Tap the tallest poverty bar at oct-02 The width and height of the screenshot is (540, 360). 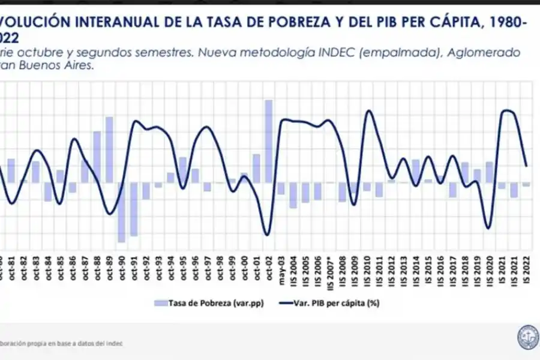[269, 141]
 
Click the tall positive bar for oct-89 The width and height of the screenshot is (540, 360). [109, 149]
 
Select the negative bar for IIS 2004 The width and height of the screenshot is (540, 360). [293, 195]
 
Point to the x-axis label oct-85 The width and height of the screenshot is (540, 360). [60, 269]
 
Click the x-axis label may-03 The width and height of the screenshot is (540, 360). [281, 269]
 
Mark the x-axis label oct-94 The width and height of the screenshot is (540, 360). [171, 269]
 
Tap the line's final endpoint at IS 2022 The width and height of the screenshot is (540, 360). [526, 166]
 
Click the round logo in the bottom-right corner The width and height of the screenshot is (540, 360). [527, 337]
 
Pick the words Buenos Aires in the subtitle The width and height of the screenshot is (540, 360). [60, 67]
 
